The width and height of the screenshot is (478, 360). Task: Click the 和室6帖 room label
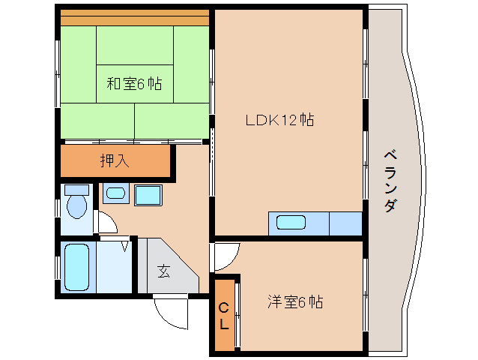(x=133, y=84)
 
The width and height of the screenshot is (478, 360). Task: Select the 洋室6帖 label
(x=295, y=302)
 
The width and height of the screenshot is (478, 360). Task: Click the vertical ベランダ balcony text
(x=390, y=180)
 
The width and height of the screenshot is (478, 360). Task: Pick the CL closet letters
(x=224, y=315)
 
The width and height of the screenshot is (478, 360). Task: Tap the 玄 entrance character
(x=163, y=271)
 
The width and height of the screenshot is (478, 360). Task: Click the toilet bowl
(x=76, y=205)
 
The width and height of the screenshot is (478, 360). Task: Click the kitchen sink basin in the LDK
(x=291, y=223)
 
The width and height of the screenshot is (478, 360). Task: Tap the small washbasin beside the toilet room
(x=115, y=193)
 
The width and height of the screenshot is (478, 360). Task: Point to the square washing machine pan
(x=148, y=195)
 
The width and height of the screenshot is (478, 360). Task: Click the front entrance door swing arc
(x=171, y=312)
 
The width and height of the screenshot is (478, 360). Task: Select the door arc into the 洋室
(x=225, y=256)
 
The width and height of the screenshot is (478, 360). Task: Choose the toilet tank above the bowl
(x=76, y=190)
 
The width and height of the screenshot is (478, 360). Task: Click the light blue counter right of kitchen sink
(x=345, y=223)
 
